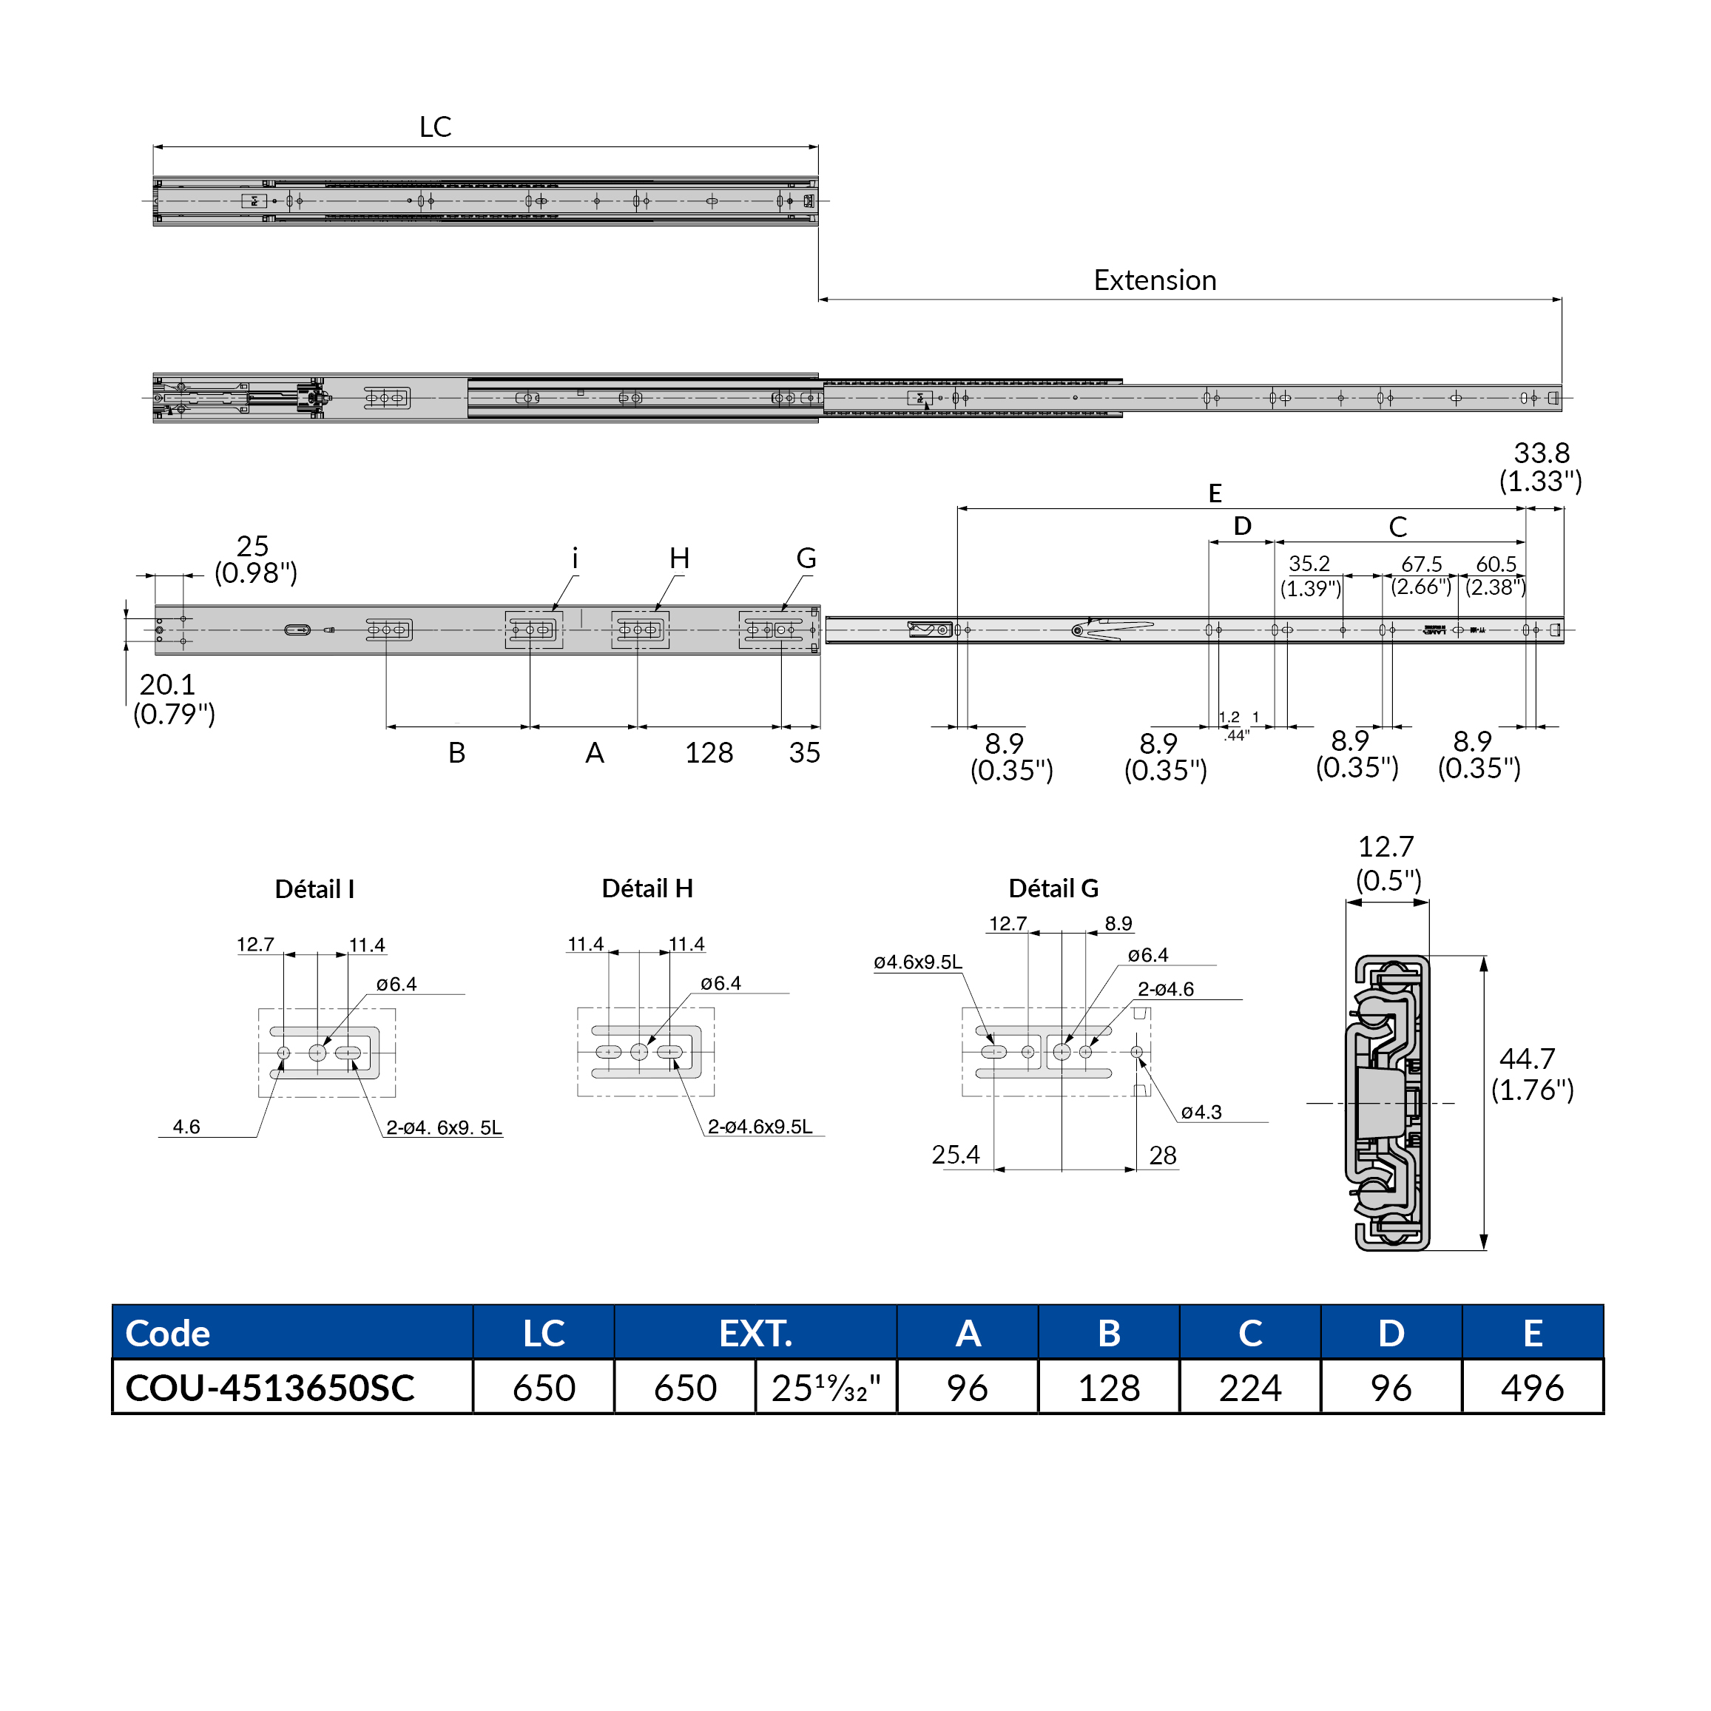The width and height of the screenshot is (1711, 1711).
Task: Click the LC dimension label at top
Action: pos(435,126)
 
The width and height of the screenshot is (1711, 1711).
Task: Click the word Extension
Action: pos(1154,280)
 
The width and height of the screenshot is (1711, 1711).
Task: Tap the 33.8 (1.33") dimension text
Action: pos(1540,467)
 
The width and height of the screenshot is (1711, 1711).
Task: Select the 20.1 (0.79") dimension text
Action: pos(174,699)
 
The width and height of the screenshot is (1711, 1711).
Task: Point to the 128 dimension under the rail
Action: pos(709,753)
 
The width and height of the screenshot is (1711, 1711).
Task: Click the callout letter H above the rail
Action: pos(678,558)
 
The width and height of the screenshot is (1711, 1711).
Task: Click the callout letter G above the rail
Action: pos(806,558)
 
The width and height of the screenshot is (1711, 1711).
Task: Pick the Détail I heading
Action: pos(314,889)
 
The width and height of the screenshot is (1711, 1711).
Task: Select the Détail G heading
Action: pos(1053,888)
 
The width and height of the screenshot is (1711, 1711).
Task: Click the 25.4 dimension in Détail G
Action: pos(955,1155)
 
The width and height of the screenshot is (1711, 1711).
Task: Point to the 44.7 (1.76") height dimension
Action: pos(1531,1074)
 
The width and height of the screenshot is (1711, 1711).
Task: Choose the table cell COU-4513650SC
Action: pos(270,1388)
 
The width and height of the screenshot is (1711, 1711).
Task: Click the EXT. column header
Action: pos(755,1333)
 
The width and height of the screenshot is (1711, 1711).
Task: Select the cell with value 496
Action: pos(1531,1388)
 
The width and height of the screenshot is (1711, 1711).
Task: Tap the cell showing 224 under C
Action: pos(1249,1388)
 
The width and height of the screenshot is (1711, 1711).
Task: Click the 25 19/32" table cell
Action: pos(826,1388)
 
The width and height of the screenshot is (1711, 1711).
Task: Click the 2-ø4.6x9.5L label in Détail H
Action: pos(759,1127)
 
